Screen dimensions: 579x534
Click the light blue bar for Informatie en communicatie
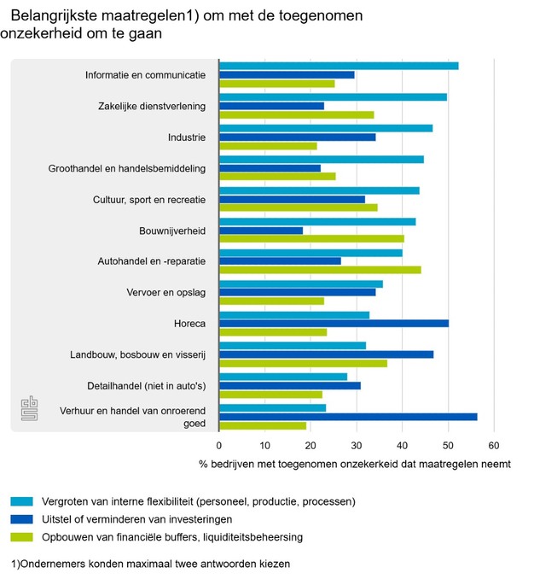point(339,66)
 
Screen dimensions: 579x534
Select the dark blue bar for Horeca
point(334,323)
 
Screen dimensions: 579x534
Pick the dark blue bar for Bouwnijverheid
point(261,231)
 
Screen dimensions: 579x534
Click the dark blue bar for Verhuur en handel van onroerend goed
point(348,417)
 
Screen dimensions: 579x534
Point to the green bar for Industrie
point(268,146)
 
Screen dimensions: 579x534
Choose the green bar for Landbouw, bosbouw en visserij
point(303,363)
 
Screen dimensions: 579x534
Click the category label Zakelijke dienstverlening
point(152,106)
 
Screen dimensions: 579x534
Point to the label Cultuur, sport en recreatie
point(149,199)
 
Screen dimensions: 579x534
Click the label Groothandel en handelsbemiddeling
point(127,168)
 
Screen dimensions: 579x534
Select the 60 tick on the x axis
point(493,446)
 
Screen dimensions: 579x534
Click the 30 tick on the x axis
point(357,446)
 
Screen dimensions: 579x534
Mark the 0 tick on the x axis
point(219,446)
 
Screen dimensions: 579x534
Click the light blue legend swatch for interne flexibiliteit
point(22,501)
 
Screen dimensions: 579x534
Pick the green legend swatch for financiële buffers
point(22,537)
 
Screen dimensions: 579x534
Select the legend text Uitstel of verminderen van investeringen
point(136,519)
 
